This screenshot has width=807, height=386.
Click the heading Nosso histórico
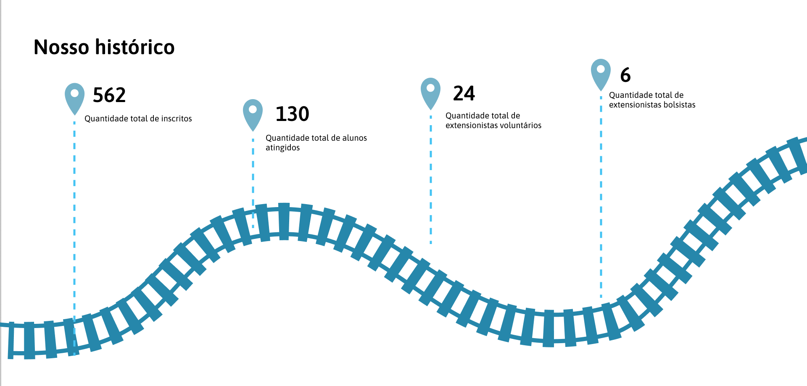104,47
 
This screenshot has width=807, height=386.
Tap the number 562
109,95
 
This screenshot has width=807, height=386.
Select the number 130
293,114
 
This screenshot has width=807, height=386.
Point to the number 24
464,93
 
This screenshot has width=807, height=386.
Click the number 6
625,75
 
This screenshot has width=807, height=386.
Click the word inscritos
177,119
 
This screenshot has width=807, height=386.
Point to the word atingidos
282,148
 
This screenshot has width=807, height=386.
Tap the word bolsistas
679,105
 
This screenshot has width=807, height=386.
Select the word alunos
355,138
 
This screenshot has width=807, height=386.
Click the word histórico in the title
135,47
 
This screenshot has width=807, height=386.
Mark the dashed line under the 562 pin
74,239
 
